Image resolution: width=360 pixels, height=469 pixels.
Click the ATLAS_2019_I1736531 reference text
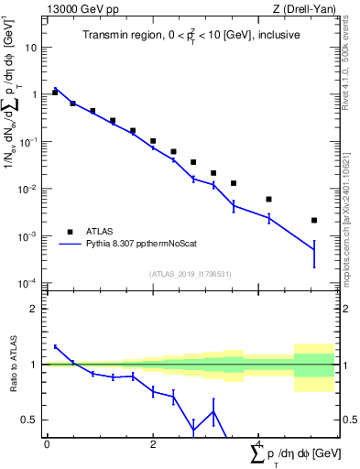click(190, 274)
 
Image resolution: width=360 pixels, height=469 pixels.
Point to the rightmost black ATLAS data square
click(314, 220)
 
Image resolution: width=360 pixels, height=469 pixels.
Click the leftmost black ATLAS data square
click(55, 93)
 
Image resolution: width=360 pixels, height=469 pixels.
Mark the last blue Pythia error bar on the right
click(314, 254)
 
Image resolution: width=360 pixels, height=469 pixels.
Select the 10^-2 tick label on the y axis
click(30, 189)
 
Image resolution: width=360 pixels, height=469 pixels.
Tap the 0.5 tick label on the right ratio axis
click(349, 420)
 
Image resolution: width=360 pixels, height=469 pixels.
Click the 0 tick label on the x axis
click(47, 444)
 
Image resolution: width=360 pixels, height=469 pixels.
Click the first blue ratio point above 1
click(55, 346)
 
